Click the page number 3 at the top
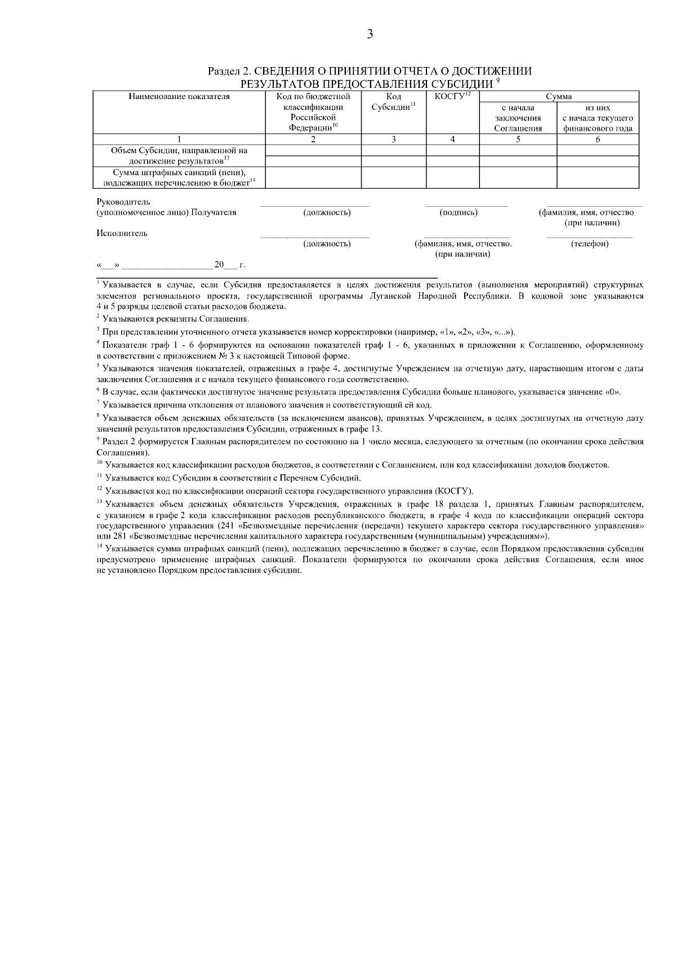coord(370,35)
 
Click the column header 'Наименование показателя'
coord(179,97)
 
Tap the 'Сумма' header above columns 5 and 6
coord(558,97)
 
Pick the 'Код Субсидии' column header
coord(394,102)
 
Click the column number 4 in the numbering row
coord(452,140)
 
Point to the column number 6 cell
coord(597,140)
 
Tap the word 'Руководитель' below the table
coord(123,202)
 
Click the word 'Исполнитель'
coord(122,233)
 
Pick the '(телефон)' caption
coord(589,243)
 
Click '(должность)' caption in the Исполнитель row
coord(327,243)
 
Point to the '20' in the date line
coord(219,264)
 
